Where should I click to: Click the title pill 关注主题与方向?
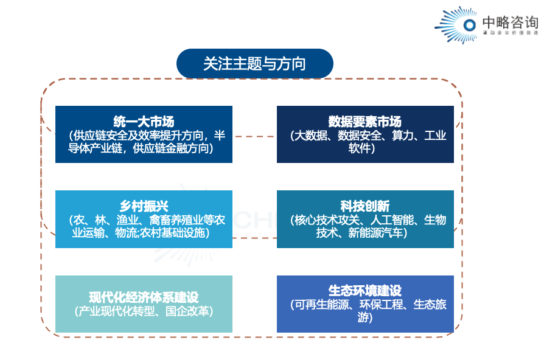(254, 64)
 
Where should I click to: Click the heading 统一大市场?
(144, 122)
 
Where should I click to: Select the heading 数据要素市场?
(365, 122)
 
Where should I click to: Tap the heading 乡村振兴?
(144, 206)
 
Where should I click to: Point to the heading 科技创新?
(365, 206)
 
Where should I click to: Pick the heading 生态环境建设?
(365, 291)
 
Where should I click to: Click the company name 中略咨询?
(510, 22)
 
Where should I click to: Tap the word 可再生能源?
(323, 305)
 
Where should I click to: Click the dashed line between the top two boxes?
(254, 136)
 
